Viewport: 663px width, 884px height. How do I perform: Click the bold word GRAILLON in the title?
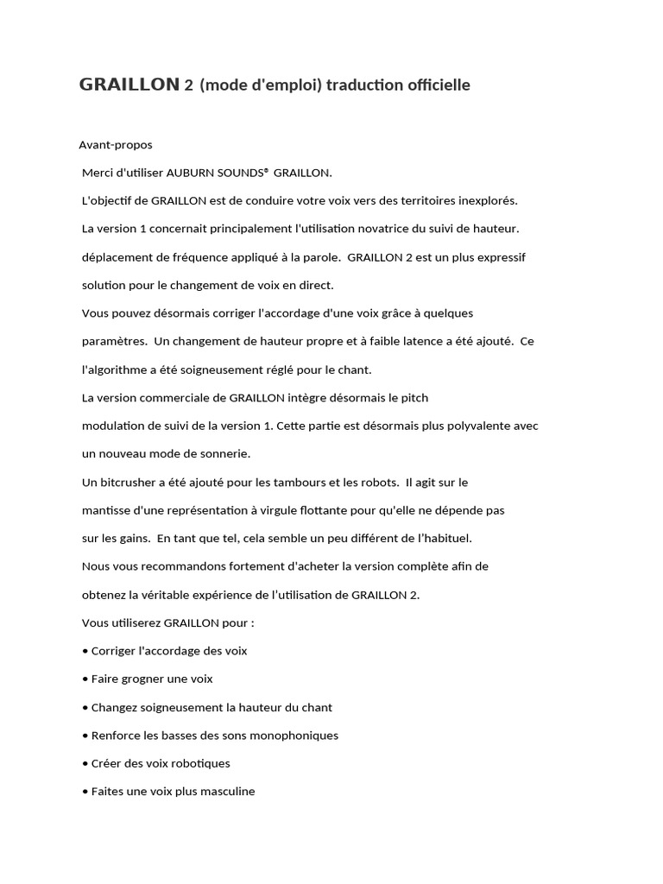tap(129, 85)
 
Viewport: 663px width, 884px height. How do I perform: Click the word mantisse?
tap(106, 510)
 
